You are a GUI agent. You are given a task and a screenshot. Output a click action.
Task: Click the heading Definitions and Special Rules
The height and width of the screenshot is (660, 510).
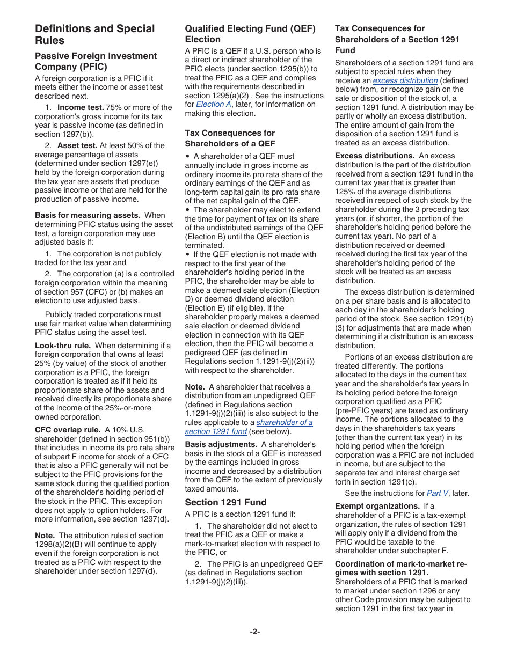94,34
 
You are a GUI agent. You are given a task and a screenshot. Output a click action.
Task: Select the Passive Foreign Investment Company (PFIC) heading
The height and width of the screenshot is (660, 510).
96,61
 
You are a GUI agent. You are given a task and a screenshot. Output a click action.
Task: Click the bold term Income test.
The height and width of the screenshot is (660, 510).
81,107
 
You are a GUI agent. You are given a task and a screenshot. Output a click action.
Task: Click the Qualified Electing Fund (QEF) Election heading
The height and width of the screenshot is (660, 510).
250,34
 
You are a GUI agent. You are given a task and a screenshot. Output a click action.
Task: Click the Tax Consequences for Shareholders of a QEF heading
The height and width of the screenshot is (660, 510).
230,138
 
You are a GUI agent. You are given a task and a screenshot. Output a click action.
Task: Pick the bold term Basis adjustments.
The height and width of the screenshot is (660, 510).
221,444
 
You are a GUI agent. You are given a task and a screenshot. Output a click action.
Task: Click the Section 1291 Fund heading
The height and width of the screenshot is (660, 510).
225,502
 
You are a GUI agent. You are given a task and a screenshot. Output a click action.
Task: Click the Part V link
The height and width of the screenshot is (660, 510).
437,493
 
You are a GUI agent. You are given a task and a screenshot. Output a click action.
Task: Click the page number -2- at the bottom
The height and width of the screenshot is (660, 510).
254,632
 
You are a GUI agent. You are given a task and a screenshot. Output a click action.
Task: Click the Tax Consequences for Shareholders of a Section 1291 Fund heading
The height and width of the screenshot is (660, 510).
397,39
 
